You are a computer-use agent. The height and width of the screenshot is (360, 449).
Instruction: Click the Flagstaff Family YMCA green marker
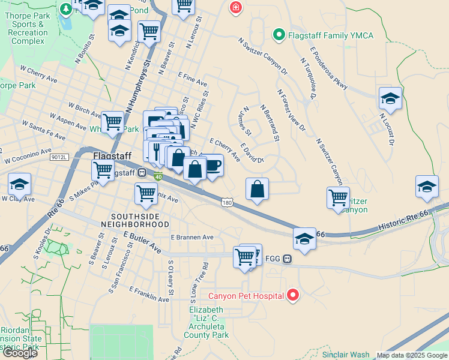[x=278, y=35]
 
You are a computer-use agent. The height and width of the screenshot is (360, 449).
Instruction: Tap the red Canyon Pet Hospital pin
[x=293, y=295]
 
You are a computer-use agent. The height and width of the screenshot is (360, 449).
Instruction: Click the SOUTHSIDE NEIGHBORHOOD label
[x=139, y=220]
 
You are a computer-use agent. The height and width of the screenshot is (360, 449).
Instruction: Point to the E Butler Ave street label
[x=142, y=242]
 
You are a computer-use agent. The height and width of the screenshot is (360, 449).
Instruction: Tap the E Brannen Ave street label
[x=192, y=238]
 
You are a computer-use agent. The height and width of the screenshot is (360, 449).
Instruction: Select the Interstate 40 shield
[x=158, y=176]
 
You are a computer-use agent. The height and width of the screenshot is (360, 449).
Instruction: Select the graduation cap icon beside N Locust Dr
[x=390, y=100]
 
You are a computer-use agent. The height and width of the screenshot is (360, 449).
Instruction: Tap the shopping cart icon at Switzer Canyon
[x=339, y=197]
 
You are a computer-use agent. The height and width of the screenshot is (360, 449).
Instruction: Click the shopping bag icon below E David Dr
[x=257, y=189]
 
